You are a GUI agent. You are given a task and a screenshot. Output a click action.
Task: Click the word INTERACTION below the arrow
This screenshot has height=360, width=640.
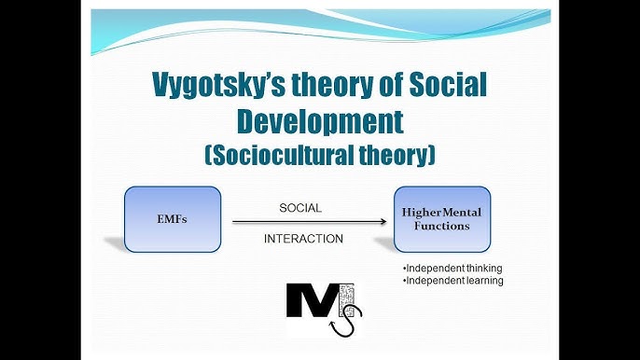pos(303,239)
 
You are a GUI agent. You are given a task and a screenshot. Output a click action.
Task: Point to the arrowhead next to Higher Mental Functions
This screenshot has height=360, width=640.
pos(383,221)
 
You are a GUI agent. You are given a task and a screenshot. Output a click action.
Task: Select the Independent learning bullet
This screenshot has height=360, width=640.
pos(452,281)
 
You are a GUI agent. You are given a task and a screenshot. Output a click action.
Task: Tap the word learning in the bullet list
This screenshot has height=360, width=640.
pos(481,281)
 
